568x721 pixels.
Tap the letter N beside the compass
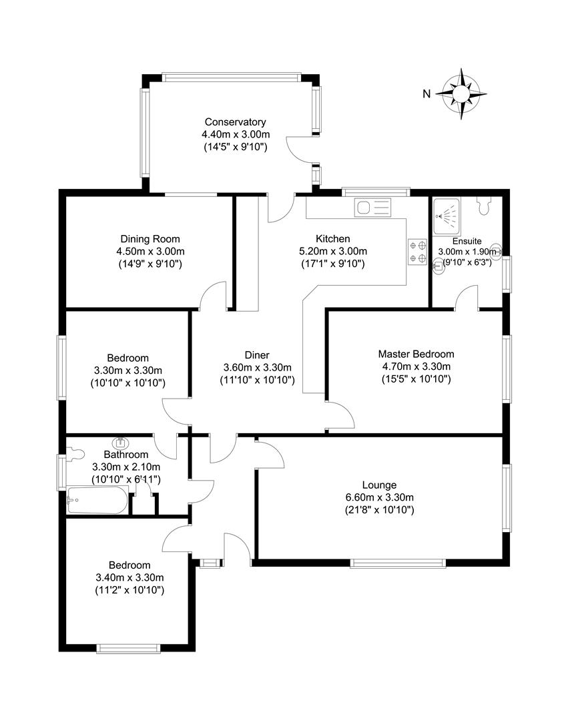point(426,94)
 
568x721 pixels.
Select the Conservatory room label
point(235,122)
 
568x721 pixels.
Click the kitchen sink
point(373,208)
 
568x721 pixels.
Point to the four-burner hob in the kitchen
point(417,252)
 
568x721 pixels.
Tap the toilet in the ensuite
point(485,206)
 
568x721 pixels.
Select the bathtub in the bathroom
point(97,500)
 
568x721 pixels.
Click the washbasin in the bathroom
point(121,442)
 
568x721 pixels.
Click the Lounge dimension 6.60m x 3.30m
point(379,497)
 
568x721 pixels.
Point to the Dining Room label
point(150,239)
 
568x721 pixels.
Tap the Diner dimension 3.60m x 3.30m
point(257,367)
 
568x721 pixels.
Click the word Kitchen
point(332,239)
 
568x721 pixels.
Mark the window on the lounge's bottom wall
point(398,563)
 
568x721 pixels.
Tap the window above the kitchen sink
point(374,192)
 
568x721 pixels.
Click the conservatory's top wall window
point(231,77)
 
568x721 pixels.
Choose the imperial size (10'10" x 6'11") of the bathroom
point(125,479)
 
